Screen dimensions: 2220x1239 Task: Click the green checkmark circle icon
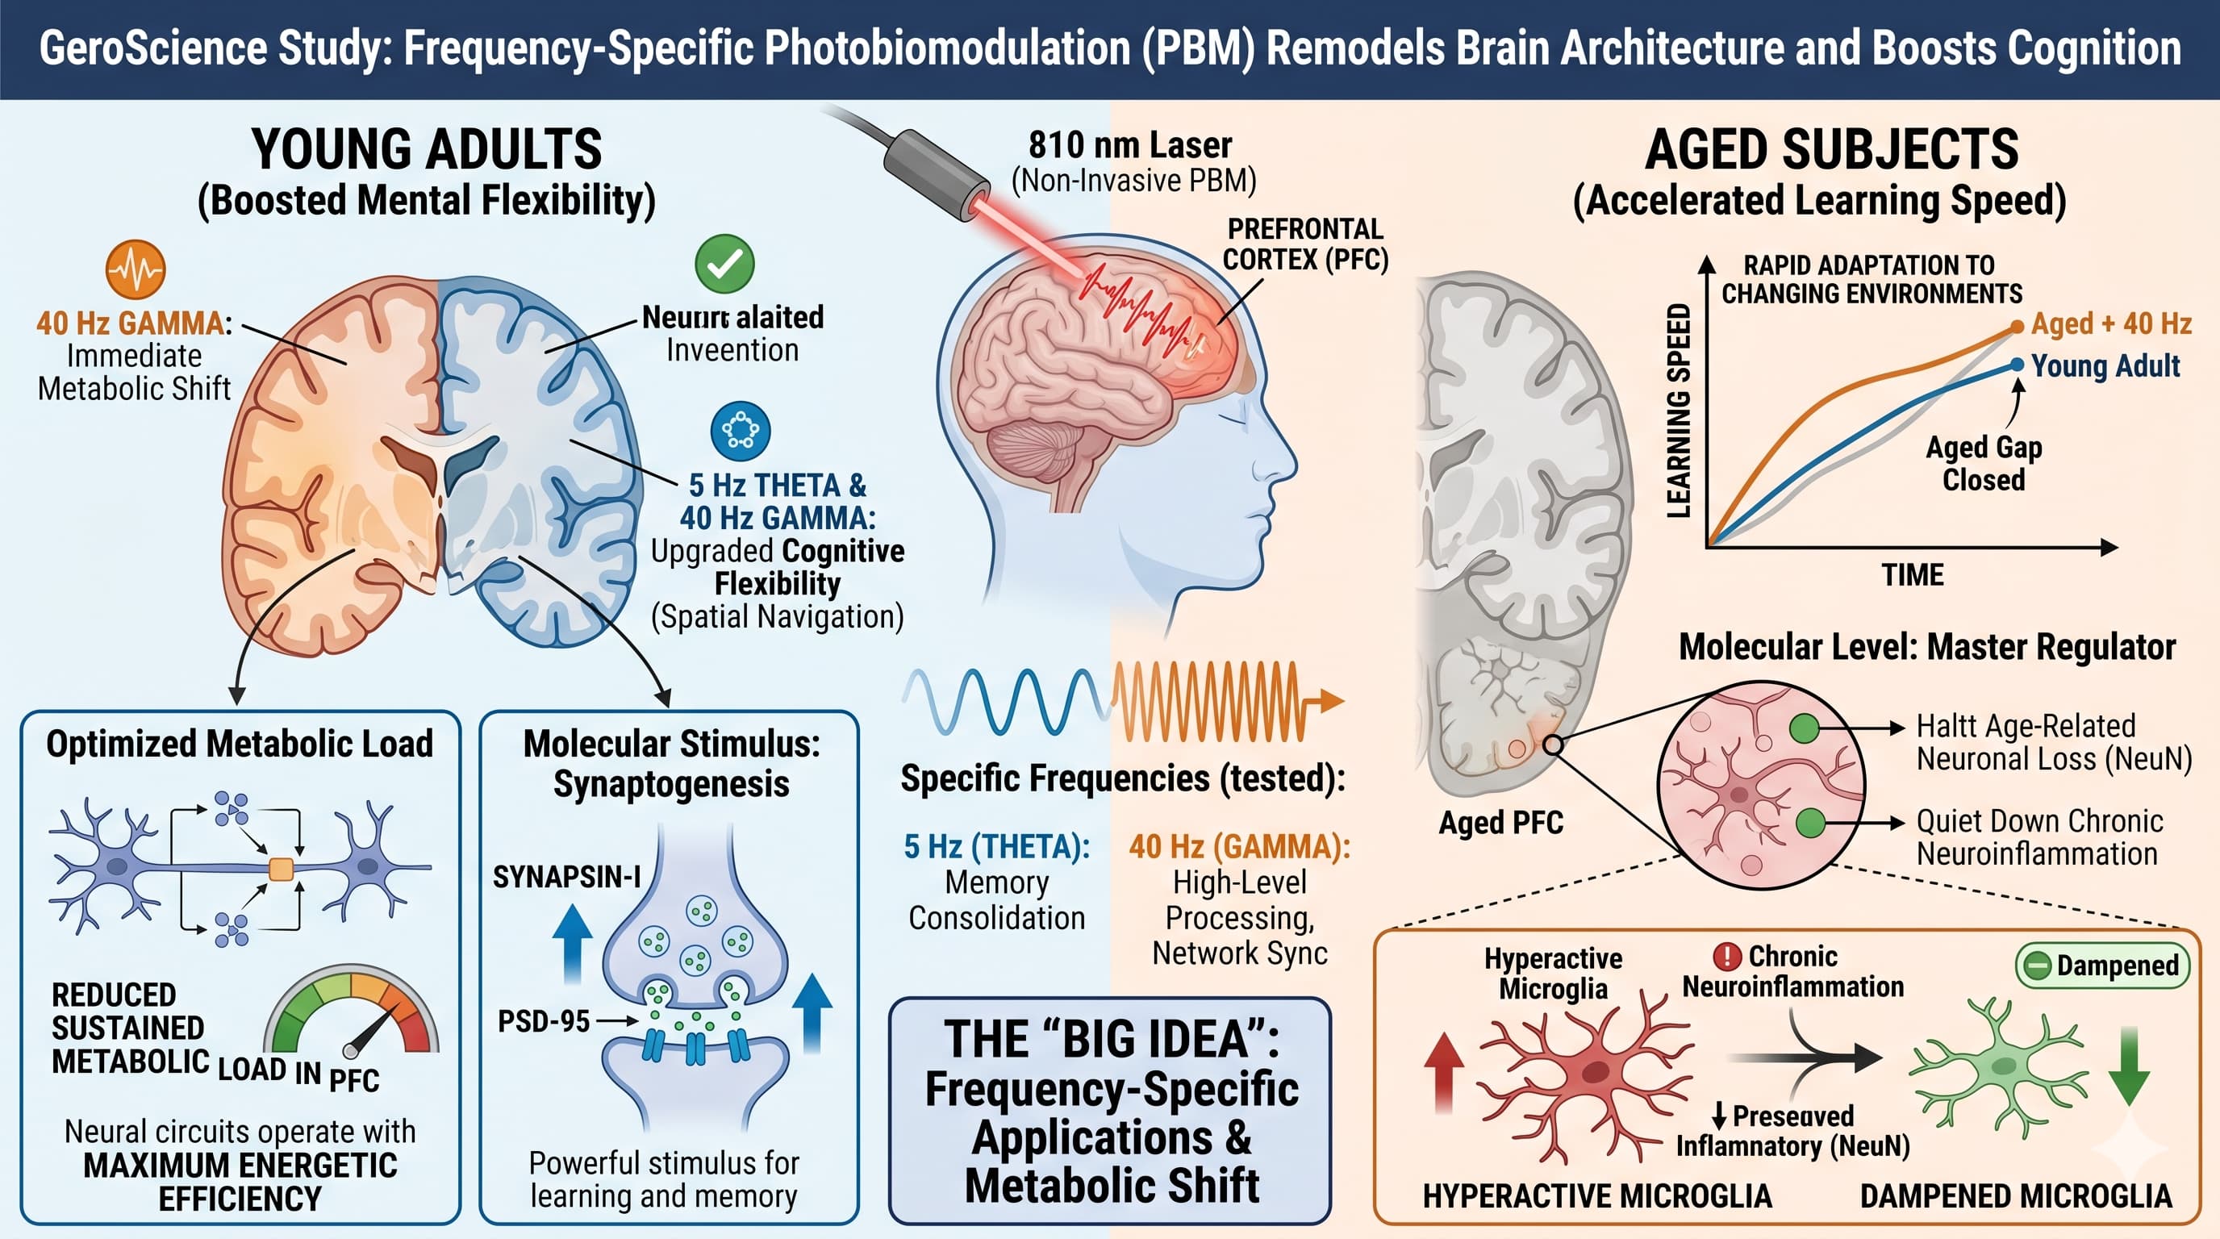point(724,264)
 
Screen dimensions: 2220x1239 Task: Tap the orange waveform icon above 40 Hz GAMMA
point(136,269)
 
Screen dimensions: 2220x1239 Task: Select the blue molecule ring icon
point(741,430)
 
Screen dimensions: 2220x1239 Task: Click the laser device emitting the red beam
point(935,173)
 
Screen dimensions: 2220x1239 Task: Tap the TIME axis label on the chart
point(1913,574)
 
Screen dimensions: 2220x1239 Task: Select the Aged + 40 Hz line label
point(2110,324)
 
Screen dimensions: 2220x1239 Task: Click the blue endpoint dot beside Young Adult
point(2017,365)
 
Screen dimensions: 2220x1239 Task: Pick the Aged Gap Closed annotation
point(1984,464)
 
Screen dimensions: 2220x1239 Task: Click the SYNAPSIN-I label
point(566,877)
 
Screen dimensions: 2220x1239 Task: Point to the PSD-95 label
point(544,1022)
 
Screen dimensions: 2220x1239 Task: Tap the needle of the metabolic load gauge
point(370,1028)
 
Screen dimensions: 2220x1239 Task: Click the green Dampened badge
point(2103,966)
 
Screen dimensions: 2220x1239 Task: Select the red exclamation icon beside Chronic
point(1727,957)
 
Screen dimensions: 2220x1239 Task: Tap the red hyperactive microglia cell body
point(1595,1072)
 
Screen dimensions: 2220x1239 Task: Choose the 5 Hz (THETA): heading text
point(996,847)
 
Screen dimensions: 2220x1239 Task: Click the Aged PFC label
point(1500,823)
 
